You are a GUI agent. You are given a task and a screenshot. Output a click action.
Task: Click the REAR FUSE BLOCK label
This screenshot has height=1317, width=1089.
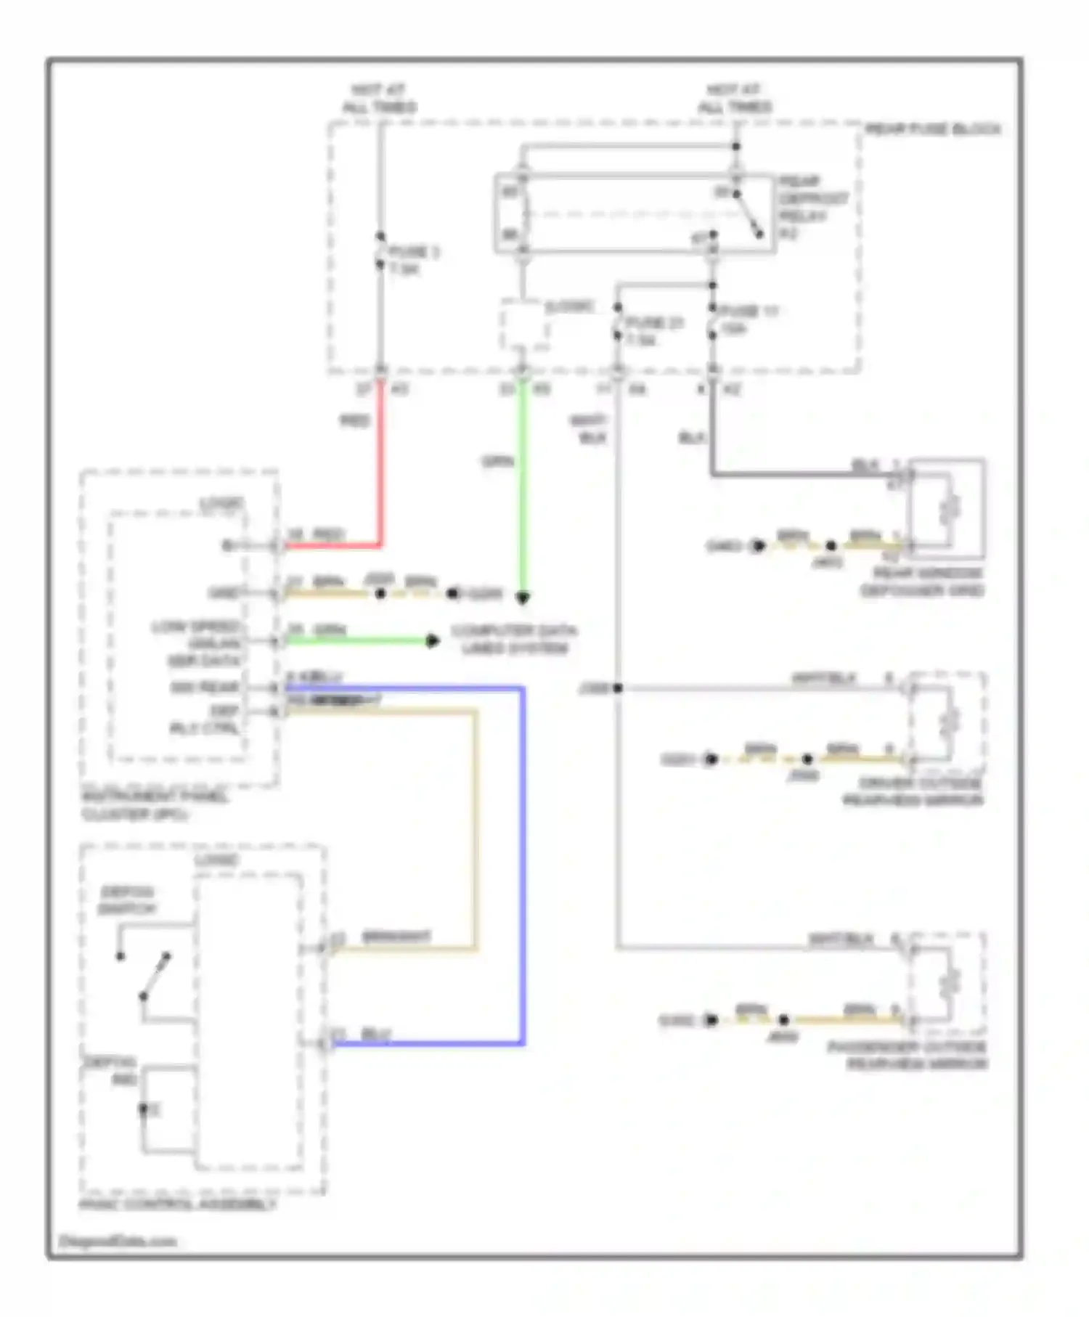pyautogui.click(x=932, y=130)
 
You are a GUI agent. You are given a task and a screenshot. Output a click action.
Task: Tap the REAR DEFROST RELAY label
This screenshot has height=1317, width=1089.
pyautogui.click(x=812, y=207)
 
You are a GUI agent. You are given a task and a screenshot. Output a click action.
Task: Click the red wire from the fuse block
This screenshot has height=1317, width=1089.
pyautogui.click(x=380, y=472)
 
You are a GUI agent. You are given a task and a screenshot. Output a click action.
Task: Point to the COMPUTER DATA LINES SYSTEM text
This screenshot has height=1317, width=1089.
pyautogui.click(x=514, y=639)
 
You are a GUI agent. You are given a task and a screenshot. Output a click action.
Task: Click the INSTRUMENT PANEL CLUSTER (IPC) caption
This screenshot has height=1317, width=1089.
pyautogui.click(x=154, y=805)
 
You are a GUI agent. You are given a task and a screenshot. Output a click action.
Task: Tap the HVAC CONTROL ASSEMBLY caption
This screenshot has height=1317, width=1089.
pyautogui.click(x=178, y=1204)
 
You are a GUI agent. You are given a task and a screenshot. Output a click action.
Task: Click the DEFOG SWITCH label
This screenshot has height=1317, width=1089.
pyautogui.click(x=128, y=900)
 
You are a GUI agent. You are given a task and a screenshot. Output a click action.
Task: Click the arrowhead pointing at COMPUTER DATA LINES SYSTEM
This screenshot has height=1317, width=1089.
pyautogui.click(x=433, y=640)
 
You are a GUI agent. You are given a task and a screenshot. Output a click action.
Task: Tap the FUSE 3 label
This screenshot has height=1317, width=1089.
pyautogui.click(x=414, y=260)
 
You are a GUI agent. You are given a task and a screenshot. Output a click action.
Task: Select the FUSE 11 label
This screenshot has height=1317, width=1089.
pyautogui.click(x=749, y=319)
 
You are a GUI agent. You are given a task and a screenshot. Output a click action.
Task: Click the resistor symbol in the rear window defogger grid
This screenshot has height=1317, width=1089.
pyautogui.click(x=950, y=509)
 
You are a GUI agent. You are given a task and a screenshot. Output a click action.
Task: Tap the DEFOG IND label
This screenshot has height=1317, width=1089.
pyautogui.click(x=109, y=1071)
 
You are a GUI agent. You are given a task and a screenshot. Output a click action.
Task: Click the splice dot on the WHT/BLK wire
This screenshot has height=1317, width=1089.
pyautogui.click(x=617, y=688)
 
